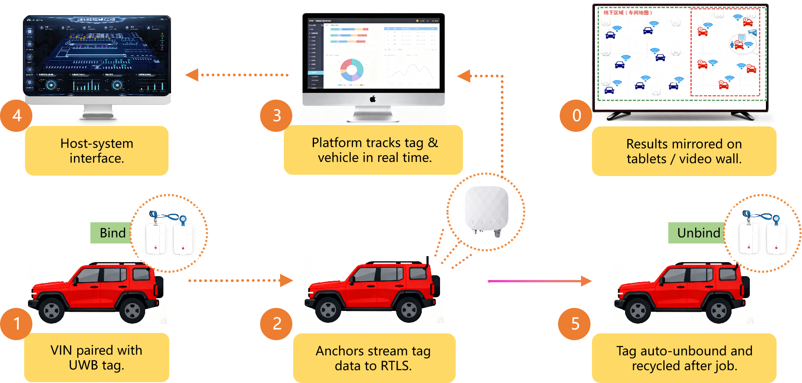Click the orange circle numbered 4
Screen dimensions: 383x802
tap(16, 115)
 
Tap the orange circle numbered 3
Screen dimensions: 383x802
tap(276, 115)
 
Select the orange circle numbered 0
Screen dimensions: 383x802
tap(576, 115)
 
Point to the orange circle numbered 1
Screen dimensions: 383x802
tap(16, 324)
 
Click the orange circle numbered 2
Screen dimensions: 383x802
tap(276, 324)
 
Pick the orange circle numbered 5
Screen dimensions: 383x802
tap(575, 324)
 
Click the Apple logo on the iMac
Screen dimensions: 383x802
tap(373, 99)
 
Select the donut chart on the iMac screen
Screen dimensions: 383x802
tap(351, 70)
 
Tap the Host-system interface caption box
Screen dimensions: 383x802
tap(97, 151)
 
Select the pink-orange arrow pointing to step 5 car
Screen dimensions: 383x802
tap(539, 281)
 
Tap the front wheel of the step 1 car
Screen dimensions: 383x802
tap(52, 311)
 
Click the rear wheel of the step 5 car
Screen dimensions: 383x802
tap(718, 311)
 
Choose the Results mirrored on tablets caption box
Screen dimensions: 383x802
tap(684, 151)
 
